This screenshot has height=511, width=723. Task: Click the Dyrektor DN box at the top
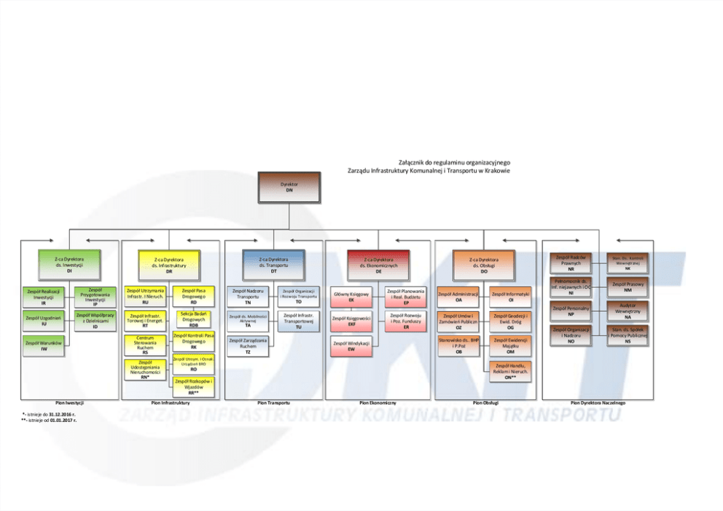coord(289,187)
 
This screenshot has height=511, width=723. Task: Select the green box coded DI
coord(69,264)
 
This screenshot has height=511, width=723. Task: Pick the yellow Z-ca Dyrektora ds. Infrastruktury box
coord(169,264)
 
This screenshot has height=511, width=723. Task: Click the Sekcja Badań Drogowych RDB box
coord(193,319)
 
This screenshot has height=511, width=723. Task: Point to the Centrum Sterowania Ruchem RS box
coord(145,346)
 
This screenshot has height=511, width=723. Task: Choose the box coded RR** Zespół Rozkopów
coord(193,386)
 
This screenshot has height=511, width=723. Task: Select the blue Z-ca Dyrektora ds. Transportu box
coord(273,264)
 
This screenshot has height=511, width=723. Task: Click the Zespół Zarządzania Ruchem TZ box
coord(248,346)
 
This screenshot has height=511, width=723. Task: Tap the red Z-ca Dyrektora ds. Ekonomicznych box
coord(378,264)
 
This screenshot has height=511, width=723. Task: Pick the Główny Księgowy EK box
coord(351,297)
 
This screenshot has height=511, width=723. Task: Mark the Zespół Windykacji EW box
coord(351,346)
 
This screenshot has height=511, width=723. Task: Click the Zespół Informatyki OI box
coord(511,297)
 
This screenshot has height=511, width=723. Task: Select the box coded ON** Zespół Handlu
coord(511,371)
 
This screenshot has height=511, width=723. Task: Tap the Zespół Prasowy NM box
coord(628,286)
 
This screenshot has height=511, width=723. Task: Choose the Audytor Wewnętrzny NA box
coord(628,311)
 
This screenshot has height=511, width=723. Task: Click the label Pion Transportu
coord(273,402)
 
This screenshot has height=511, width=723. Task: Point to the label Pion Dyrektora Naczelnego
coord(598,402)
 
